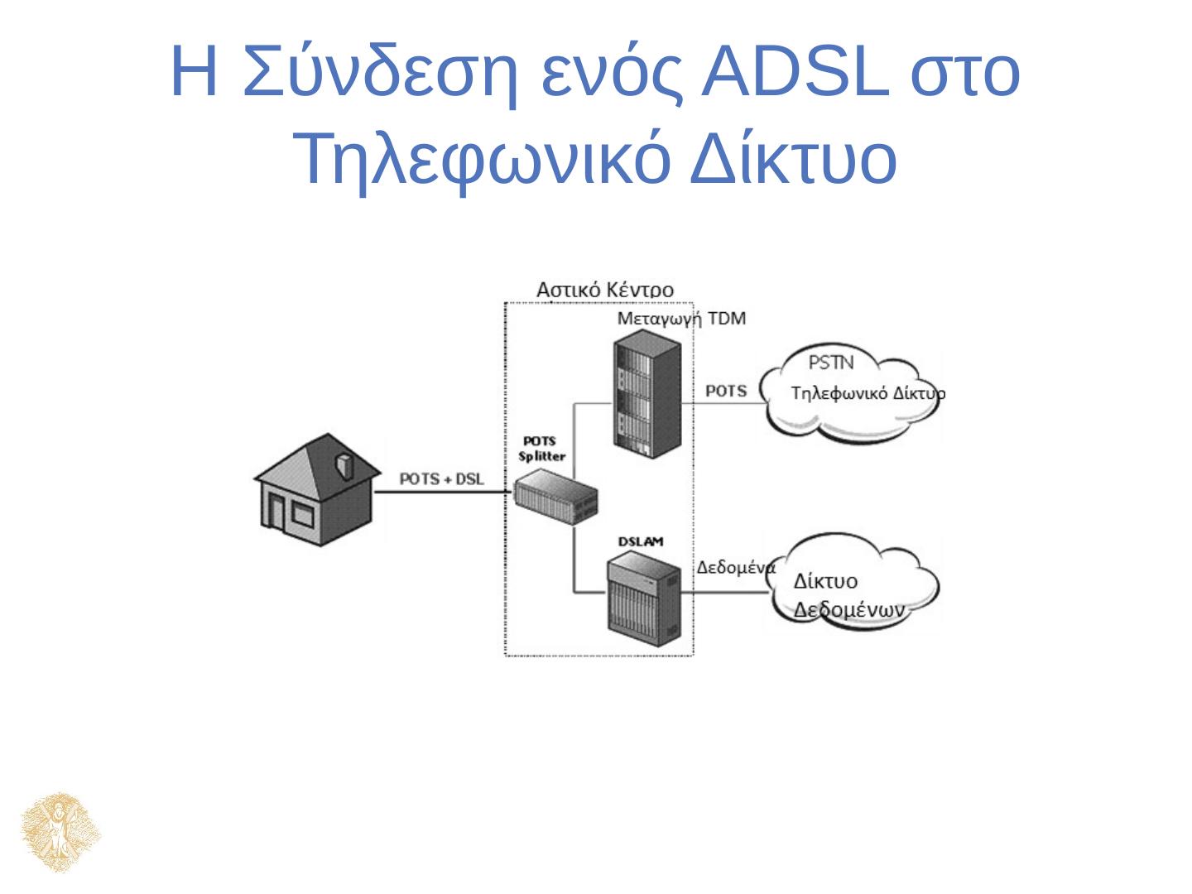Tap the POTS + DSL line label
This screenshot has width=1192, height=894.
442,479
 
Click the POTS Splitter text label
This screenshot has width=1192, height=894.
541,449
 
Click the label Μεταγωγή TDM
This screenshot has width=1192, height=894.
681,320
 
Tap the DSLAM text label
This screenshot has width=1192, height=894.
641,541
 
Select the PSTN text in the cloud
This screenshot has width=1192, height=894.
830,362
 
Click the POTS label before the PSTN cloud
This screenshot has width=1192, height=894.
726,391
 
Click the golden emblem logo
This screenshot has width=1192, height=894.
61,832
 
